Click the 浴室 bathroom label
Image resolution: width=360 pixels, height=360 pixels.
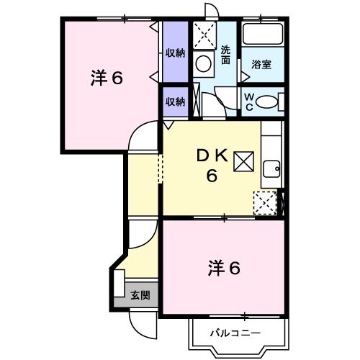(x=261, y=65)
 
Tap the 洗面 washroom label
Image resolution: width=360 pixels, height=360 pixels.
(x=226, y=56)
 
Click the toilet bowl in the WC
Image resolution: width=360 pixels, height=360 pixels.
(x=267, y=102)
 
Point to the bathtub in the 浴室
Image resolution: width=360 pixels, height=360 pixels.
(x=262, y=35)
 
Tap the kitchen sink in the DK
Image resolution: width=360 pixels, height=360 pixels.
(x=271, y=170)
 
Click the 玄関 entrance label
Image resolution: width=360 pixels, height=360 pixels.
(x=140, y=294)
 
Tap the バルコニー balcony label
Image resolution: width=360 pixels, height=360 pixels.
(x=235, y=333)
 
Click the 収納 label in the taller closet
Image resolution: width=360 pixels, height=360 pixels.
(x=175, y=53)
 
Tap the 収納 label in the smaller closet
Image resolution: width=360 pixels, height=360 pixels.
(x=175, y=102)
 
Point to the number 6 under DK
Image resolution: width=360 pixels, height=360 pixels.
(x=212, y=176)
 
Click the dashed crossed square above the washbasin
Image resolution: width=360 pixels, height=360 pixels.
(x=204, y=33)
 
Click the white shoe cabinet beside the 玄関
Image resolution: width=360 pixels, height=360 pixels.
(x=119, y=284)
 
